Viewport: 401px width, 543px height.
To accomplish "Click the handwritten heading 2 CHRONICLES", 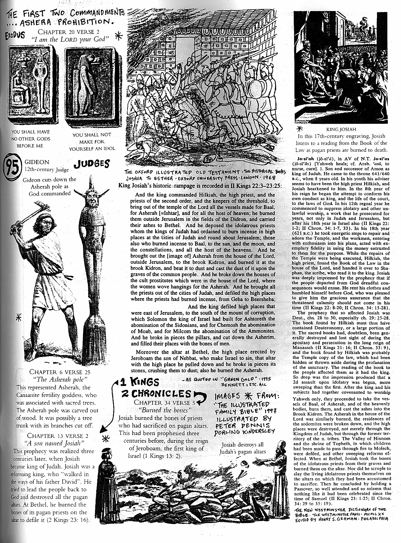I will tap(157, 394).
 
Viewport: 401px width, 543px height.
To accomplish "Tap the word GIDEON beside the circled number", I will tap(37, 162).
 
